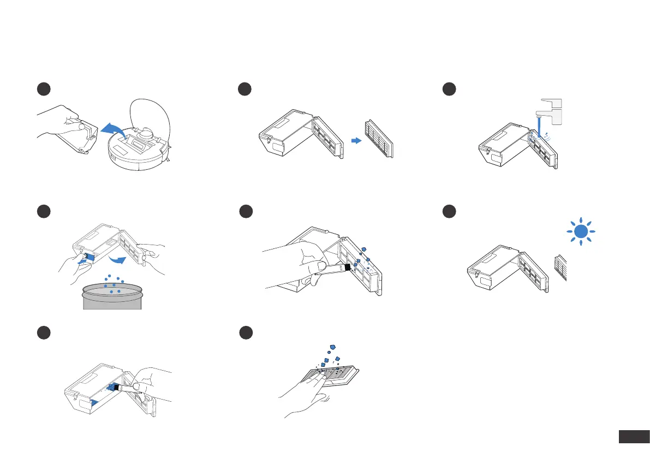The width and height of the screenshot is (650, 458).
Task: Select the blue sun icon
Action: point(580,232)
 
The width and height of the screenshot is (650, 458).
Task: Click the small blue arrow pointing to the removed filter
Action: point(356,140)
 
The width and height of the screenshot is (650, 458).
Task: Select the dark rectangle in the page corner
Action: point(633,437)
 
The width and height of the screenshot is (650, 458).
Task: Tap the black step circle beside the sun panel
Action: point(449,211)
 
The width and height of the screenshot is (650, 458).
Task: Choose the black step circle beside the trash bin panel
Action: point(43,211)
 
